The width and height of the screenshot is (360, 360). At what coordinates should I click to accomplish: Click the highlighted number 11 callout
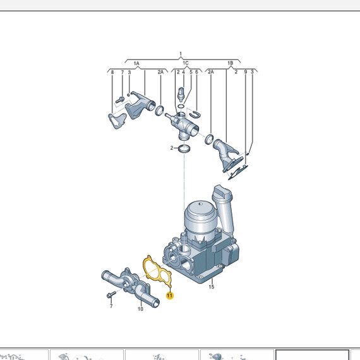click(x=169, y=295)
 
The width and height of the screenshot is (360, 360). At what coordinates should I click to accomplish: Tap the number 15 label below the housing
click(x=212, y=288)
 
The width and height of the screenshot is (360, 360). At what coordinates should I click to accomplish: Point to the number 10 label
click(x=141, y=309)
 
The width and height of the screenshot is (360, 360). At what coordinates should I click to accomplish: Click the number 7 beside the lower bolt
click(x=111, y=306)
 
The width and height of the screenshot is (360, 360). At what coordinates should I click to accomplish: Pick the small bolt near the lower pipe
click(x=111, y=295)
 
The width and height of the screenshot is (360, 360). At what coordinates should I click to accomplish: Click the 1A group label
click(x=136, y=63)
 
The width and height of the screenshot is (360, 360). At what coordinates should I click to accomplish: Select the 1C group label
click(x=185, y=63)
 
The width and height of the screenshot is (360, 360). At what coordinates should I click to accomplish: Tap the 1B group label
click(x=230, y=63)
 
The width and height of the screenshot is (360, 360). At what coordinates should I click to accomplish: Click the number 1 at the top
click(x=180, y=54)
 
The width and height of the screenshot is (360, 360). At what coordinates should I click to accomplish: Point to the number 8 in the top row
click(x=112, y=73)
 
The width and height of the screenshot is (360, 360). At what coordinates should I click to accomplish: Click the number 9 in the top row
click(x=244, y=73)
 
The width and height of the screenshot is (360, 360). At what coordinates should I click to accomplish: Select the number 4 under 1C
click(x=184, y=73)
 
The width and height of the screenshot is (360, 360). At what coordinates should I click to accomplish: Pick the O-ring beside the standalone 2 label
click(x=184, y=149)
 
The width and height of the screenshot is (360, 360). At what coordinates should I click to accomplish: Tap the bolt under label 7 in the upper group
click(x=119, y=100)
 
